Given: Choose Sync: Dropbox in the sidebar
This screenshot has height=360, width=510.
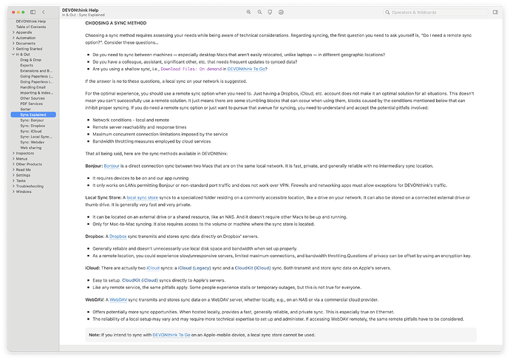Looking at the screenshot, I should pyautogui.click(x=34, y=126).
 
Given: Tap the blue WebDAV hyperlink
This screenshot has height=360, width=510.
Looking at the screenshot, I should pyautogui.click(x=120, y=300).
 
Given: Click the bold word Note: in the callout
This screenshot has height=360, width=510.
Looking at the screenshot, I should pyautogui.click(x=95, y=335).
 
